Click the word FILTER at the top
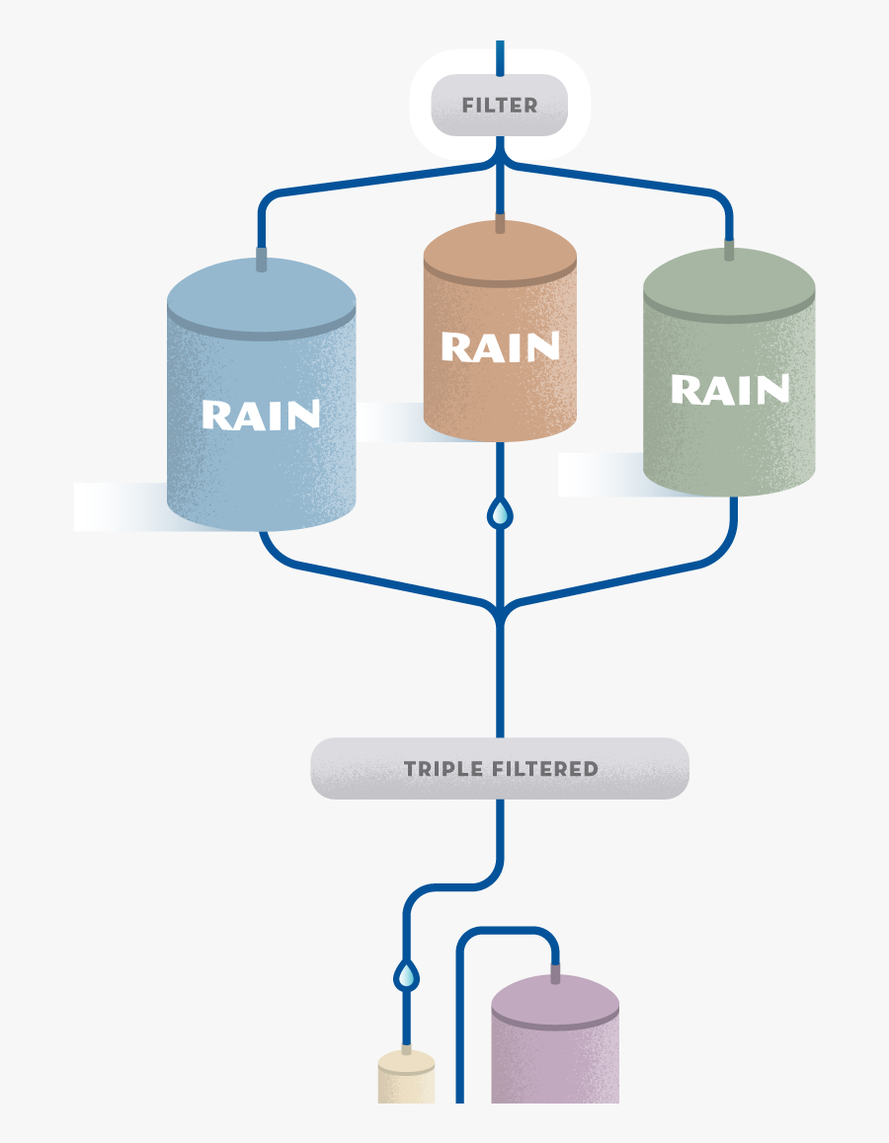(500, 106)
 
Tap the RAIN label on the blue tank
(261, 416)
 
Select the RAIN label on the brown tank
(500, 347)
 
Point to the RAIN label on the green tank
(730, 390)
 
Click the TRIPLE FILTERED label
(500, 769)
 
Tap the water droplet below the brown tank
(501, 513)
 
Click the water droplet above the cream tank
(406, 976)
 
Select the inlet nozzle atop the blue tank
(262, 260)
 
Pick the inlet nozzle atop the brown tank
(500, 223)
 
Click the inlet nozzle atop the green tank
(729, 251)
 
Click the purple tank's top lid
(555, 999)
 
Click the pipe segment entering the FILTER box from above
(500, 57)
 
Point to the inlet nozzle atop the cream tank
(406, 1049)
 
